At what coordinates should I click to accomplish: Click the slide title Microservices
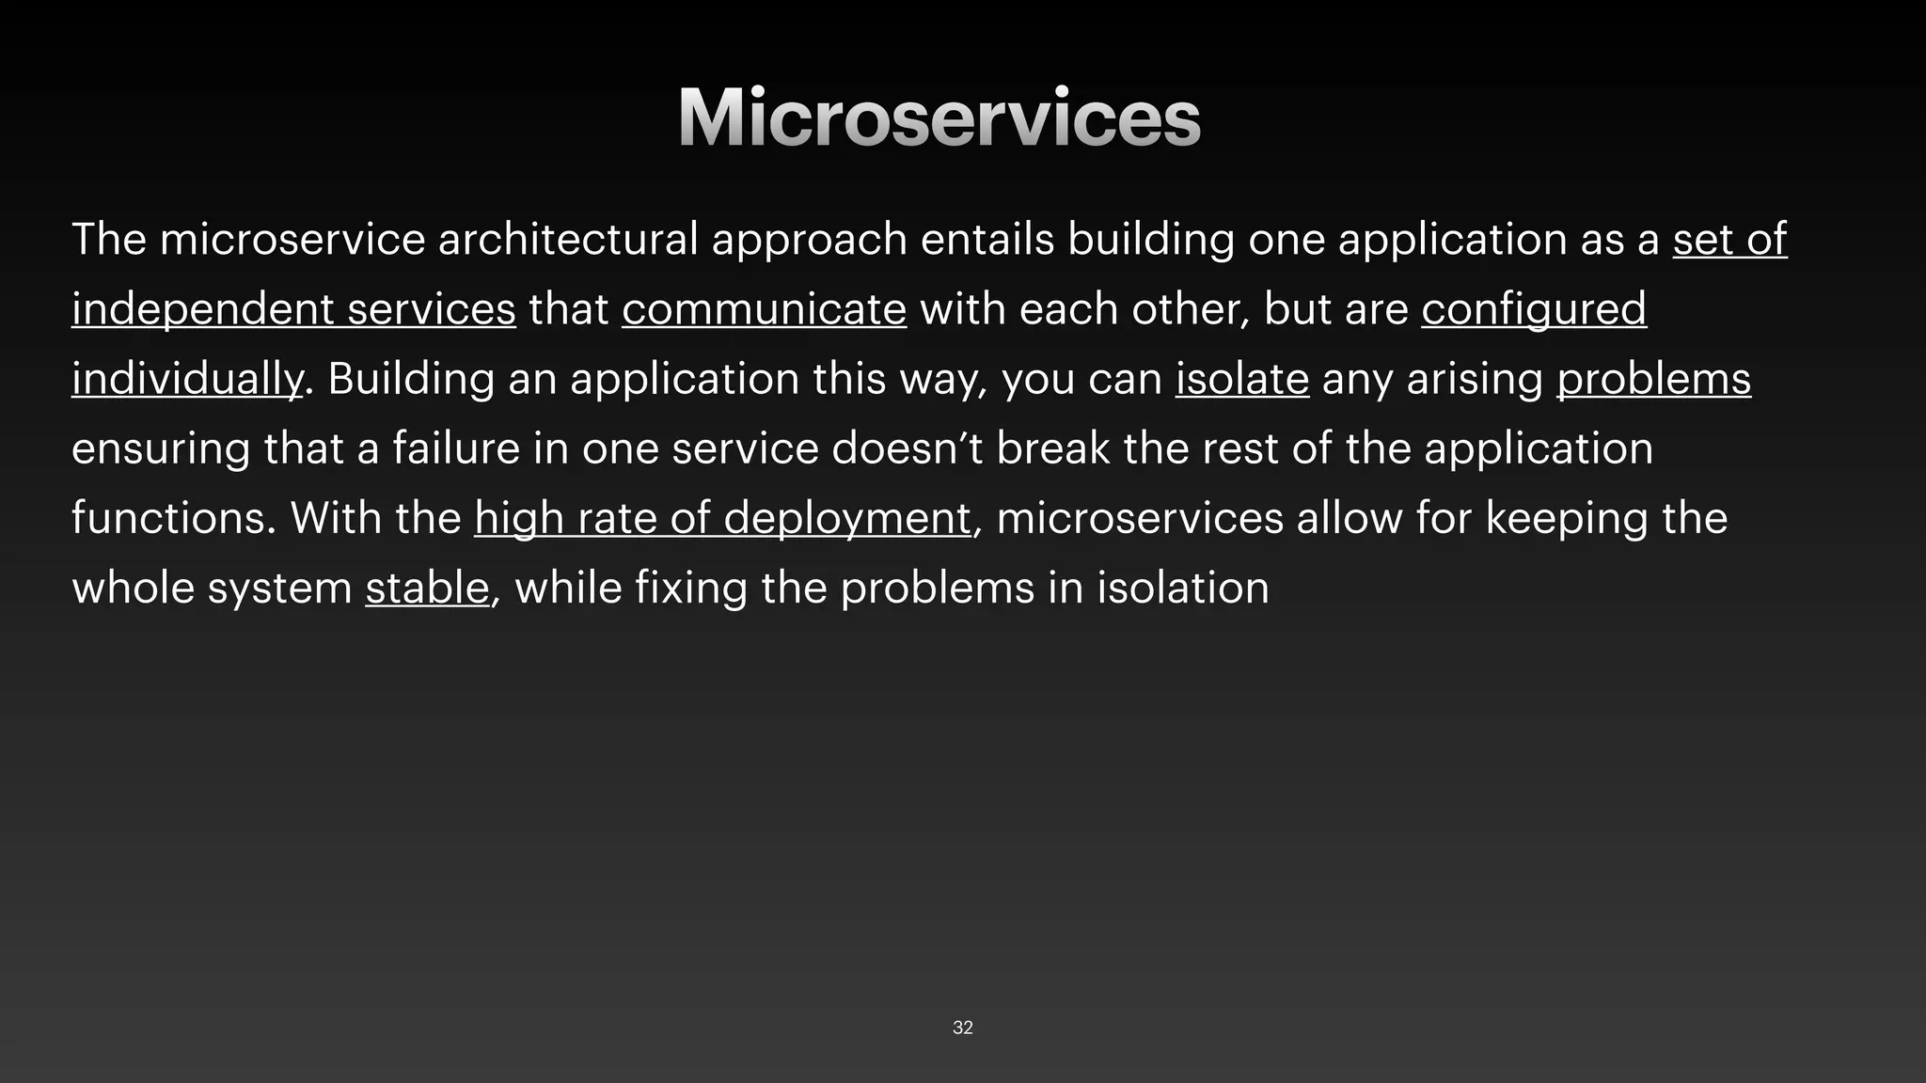coord(939,118)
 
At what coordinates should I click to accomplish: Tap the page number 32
coord(962,1028)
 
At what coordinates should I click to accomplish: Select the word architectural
coord(568,239)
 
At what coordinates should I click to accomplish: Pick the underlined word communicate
coord(764,309)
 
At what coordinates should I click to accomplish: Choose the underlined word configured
coord(1534,309)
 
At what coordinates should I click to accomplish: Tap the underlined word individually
coord(187,379)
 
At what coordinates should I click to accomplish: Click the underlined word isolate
coord(1241,379)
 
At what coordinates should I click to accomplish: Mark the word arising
coord(1475,379)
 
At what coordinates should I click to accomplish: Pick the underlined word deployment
coord(846,518)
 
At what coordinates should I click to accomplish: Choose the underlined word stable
coord(427,588)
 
